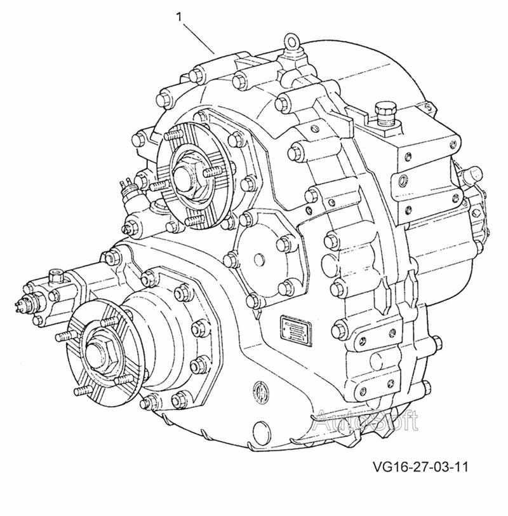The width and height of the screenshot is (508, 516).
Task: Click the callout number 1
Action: pos(179,17)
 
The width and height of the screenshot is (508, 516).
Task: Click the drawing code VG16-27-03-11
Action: pos(420,467)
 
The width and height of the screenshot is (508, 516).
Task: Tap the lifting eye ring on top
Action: pos(291,41)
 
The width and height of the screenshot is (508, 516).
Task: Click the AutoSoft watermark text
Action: pos(366,420)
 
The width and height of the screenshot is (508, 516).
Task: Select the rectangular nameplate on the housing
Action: pos(296,330)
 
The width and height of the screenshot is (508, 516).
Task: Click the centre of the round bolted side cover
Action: pos(259,257)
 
